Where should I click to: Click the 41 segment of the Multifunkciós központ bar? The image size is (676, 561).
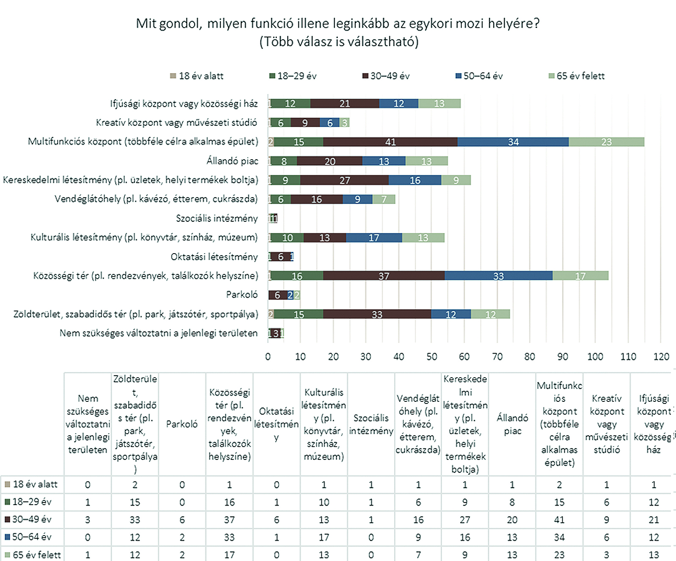(390, 142)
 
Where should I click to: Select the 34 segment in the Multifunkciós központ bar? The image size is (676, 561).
(513, 142)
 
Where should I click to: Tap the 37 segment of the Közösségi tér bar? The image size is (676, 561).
(384, 276)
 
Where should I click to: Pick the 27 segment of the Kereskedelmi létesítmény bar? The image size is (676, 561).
(345, 180)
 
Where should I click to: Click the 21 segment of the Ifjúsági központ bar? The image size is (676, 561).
(345, 104)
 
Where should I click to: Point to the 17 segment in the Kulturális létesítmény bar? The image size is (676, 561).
(374, 238)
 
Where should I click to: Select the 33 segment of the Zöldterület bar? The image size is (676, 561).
(377, 315)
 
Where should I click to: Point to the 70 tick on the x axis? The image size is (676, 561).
(497, 357)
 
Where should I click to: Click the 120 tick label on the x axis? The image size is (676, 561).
(661, 357)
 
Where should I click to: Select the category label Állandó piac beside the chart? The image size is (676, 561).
(232, 161)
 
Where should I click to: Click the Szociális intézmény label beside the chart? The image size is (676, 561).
(217, 218)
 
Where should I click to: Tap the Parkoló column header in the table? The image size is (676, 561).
(182, 424)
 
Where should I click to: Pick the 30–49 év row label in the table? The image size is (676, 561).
(32, 520)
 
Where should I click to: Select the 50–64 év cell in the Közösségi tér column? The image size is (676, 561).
(229, 537)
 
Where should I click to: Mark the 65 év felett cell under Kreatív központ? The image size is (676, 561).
(607, 555)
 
